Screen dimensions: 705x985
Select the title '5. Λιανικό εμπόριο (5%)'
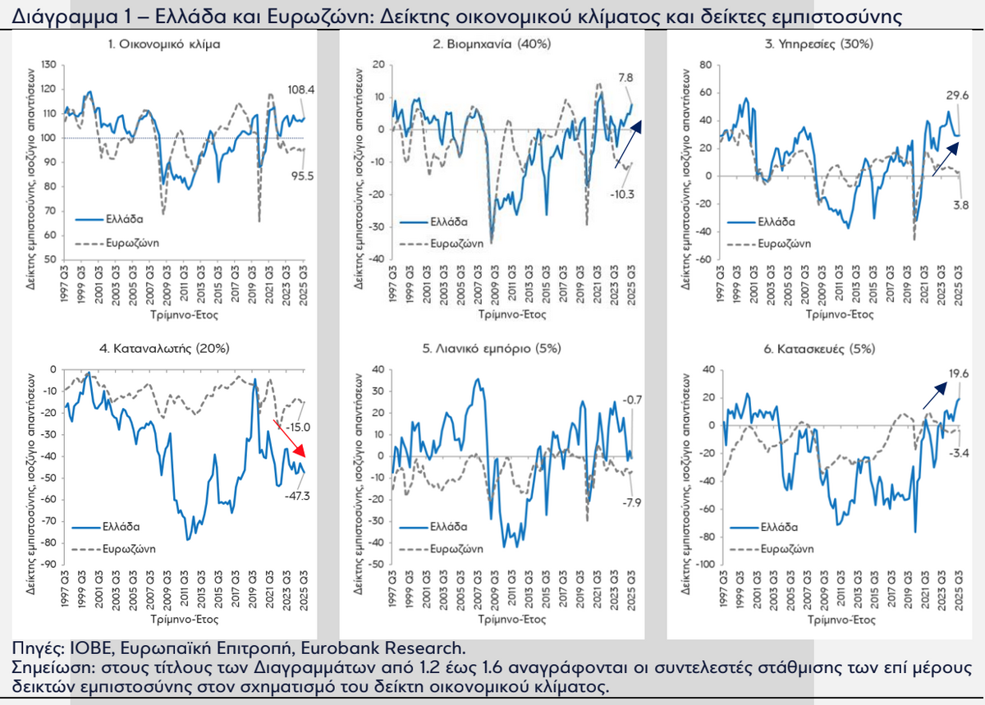tap(492, 348)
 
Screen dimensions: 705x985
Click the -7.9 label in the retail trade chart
tap(631, 502)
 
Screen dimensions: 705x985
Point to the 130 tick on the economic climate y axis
tap(48, 65)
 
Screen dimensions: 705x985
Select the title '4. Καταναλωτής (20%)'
tap(164, 348)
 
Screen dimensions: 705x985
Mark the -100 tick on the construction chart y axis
tap(704, 565)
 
